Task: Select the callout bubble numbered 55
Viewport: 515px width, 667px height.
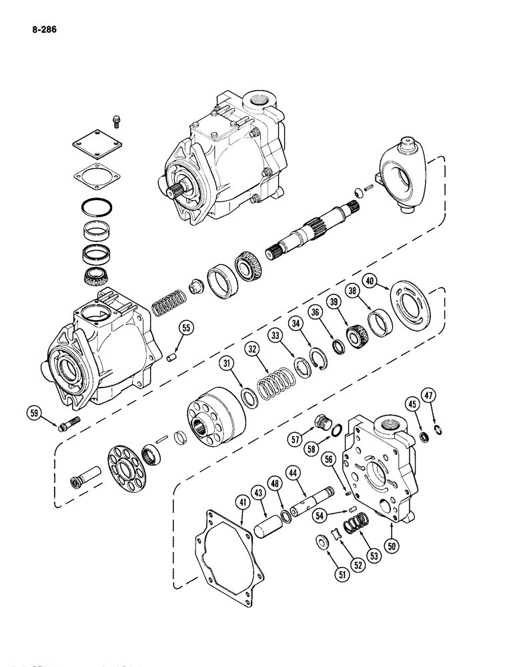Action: [x=185, y=327]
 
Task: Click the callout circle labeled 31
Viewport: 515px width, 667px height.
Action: [x=228, y=363]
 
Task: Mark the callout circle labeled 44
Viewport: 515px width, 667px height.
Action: [x=293, y=474]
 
